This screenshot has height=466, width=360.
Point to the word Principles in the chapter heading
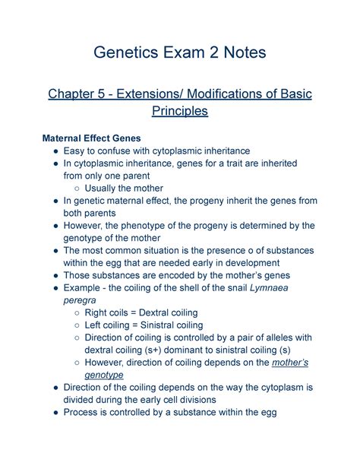click(x=179, y=113)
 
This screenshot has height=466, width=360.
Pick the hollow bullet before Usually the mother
click(x=75, y=189)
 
